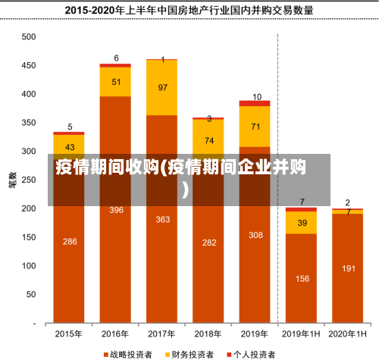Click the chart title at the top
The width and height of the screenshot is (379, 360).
[189, 11]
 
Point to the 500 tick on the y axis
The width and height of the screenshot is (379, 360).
[28, 37]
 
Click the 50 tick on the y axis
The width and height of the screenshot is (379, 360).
[30, 293]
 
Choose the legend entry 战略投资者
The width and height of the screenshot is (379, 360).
[130, 353]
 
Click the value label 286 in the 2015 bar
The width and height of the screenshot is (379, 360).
[70, 242]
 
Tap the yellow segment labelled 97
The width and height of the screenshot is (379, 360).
[162, 88]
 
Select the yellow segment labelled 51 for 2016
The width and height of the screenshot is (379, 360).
[116, 82]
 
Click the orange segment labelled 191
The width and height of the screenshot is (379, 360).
[348, 268]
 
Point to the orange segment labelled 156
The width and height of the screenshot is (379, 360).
[302, 278]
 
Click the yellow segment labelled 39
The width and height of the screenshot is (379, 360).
[302, 223]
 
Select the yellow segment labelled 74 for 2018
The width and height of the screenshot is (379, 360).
[208, 141]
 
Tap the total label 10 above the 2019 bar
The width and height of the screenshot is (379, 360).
[256, 97]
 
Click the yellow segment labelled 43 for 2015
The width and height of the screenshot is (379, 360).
[70, 147]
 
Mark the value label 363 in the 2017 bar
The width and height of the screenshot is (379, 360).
[162, 220]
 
